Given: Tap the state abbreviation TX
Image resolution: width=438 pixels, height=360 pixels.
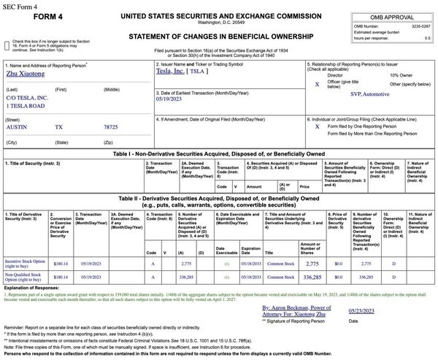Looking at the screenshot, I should point(61,126).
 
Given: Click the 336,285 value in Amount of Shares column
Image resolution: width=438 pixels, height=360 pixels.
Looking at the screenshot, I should point(312,278).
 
